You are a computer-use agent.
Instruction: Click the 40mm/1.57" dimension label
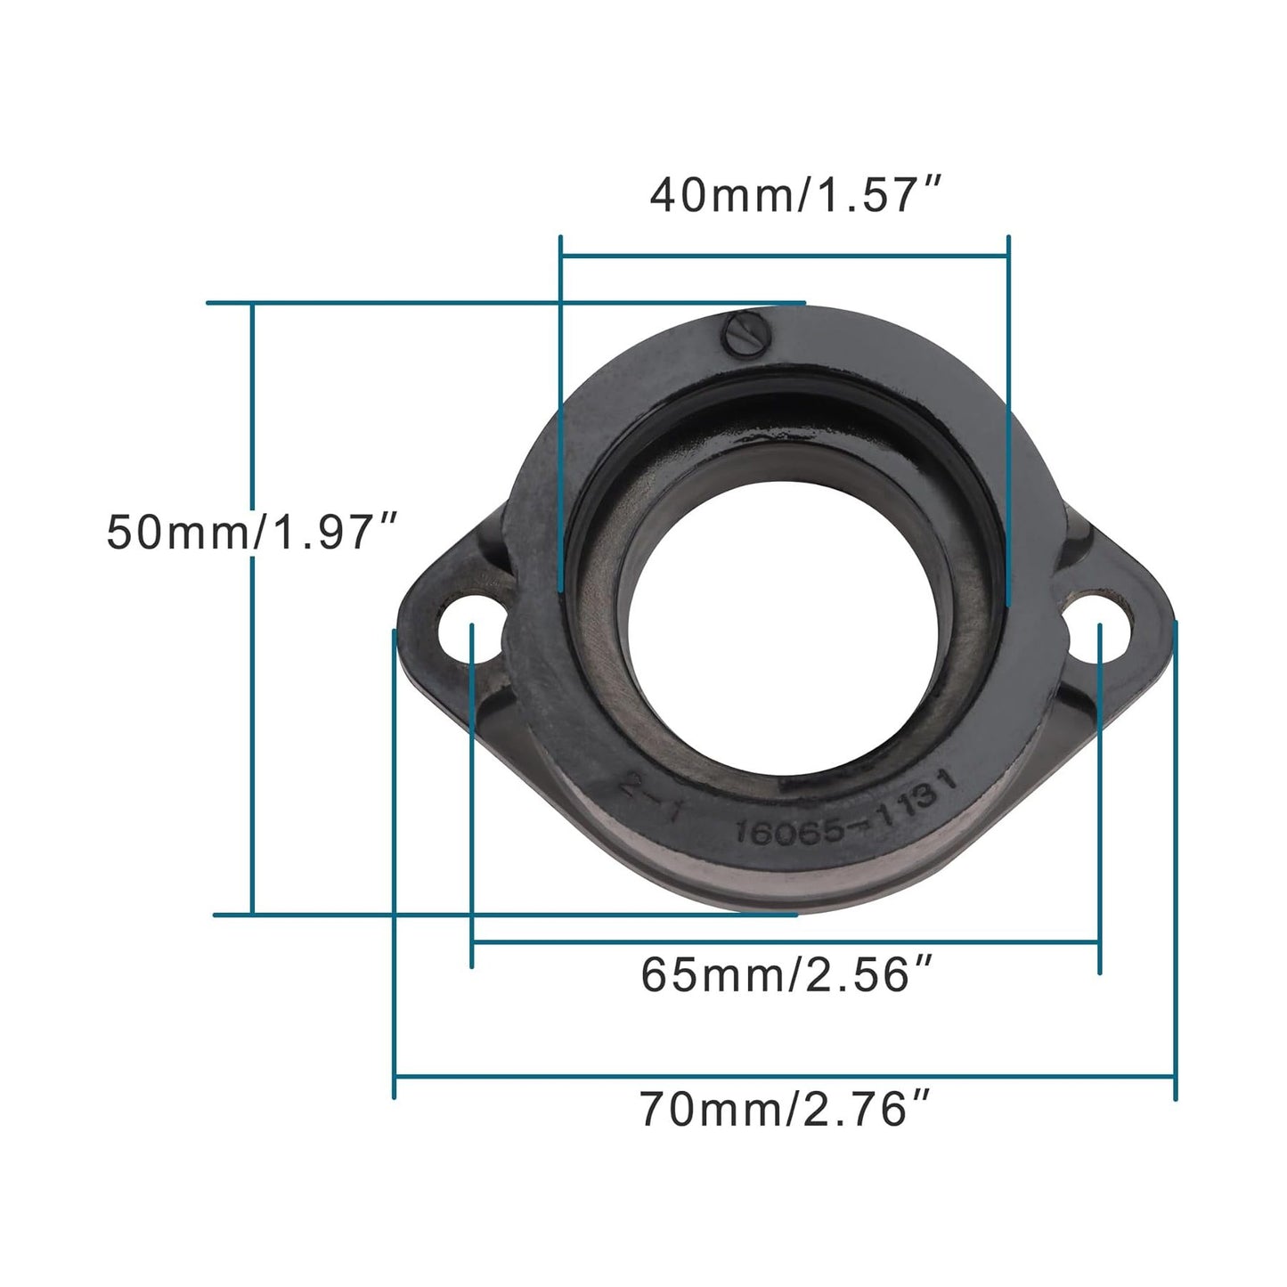point(783,195)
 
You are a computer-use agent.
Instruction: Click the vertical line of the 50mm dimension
point(253,713)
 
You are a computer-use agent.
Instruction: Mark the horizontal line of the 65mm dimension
point(784,941)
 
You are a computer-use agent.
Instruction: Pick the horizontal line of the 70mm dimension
point(784,1077)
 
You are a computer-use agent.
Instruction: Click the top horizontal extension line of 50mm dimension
point(445,303)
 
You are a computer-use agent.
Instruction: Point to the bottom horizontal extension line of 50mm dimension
point(445,914)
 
